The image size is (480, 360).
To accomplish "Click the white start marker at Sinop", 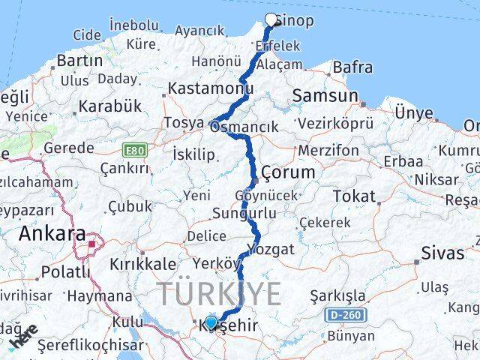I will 271,19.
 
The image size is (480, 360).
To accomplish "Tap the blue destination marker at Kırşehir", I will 211,322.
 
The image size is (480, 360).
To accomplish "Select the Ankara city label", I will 52,233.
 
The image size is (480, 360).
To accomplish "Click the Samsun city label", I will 325,95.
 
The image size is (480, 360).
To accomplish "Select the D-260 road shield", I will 345,314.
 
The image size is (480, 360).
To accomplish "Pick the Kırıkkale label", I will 142,264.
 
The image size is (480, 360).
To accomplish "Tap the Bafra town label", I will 352,67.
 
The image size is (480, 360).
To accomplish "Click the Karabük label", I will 110,106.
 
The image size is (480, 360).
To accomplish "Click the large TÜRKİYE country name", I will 219,293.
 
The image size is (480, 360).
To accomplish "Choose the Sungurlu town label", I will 244,214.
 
